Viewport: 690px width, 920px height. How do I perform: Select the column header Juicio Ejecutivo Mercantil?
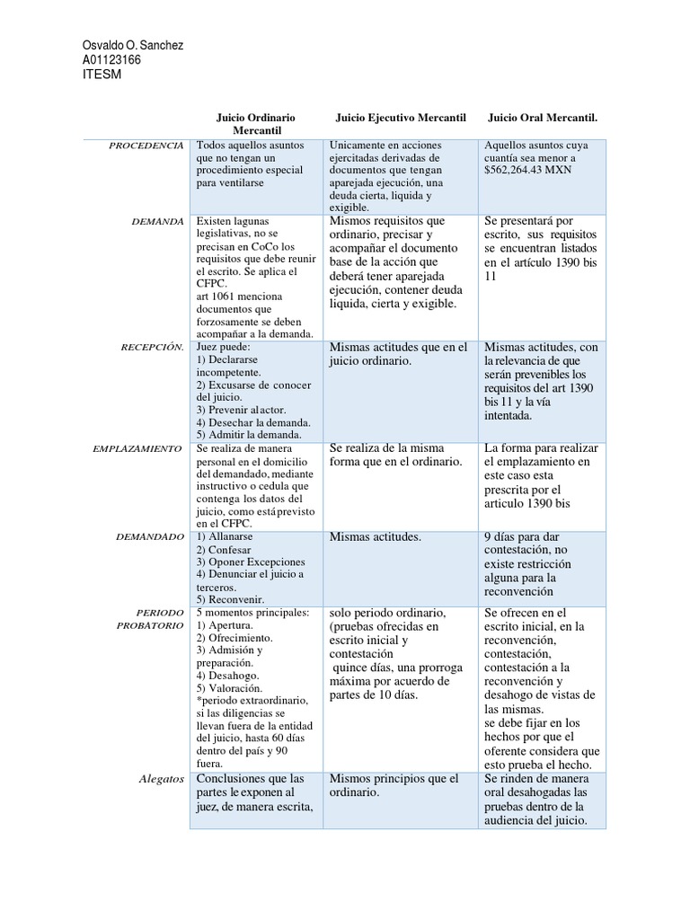(401, 118)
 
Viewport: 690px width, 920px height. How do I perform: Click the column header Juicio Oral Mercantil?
(542, 118)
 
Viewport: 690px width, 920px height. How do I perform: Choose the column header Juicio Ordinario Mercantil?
(256, 124)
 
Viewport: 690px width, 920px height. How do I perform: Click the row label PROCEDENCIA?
(146, 145)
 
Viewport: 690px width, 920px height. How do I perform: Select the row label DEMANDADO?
(151, 536)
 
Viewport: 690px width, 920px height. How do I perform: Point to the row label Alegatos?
(162, 779)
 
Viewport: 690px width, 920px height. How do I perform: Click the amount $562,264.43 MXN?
(527, 170)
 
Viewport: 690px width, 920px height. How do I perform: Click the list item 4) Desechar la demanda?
(253, 422)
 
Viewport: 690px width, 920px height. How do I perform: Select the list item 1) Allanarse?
(226, 536)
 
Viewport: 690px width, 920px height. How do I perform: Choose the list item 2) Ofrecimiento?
(234, 638)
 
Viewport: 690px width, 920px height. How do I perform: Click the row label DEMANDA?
(159, 221)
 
